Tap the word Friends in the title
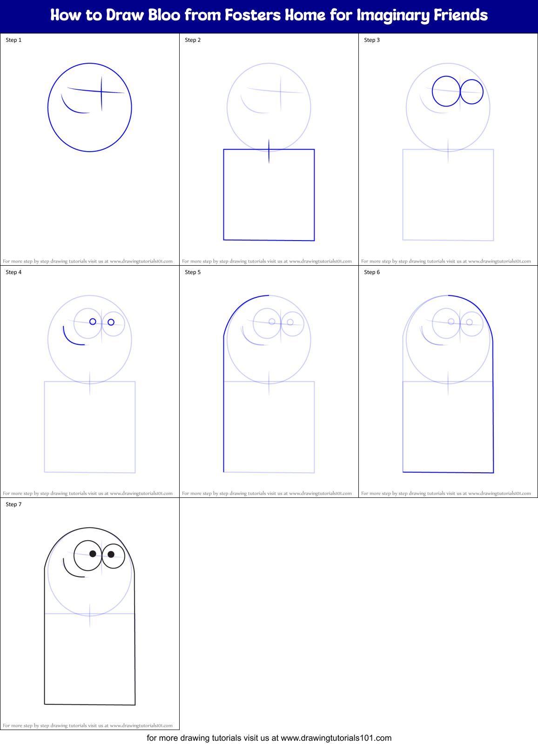[461, 15]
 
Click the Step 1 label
[13, 40]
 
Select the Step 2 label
[193, 40]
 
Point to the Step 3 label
[372, 40]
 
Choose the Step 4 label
[13, 272]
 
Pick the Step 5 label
[193, 272]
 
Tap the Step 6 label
[372, 272]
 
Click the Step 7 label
[13, 504]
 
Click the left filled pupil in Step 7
[93, 554]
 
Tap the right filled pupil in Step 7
[111, 554]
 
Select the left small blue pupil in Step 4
[93, 322]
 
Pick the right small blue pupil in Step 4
[111, 322]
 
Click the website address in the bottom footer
[336, 738]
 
